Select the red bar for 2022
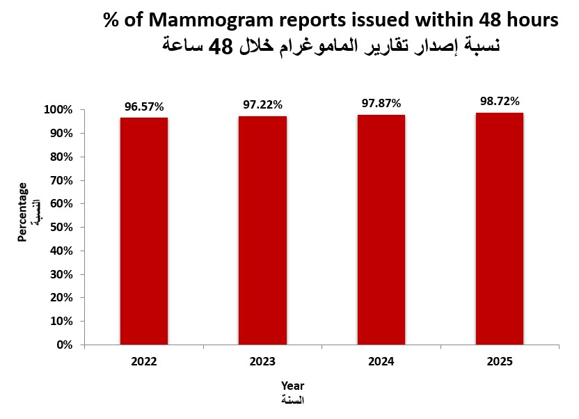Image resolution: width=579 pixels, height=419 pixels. (x=144, y=230)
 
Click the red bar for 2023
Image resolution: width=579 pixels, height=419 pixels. (x=262, y=230)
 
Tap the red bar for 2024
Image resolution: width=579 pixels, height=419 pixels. (x=381, y=229)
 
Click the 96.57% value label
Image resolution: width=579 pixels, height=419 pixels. (x=144, y=106)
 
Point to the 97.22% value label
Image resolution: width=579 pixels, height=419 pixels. (x=262, y=104)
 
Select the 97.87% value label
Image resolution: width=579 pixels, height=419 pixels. (x=381, y=103)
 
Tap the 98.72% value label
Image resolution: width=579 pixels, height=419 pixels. (x=500, y=101)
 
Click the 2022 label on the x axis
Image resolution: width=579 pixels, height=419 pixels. (x=144, y=362)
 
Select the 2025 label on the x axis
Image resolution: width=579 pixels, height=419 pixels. (x=500, y=362)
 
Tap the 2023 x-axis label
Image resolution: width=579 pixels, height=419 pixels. (x=262, y=362)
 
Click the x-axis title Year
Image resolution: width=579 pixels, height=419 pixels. (x=292, y=386)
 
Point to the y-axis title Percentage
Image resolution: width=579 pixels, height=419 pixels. (x=23, y=212)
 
